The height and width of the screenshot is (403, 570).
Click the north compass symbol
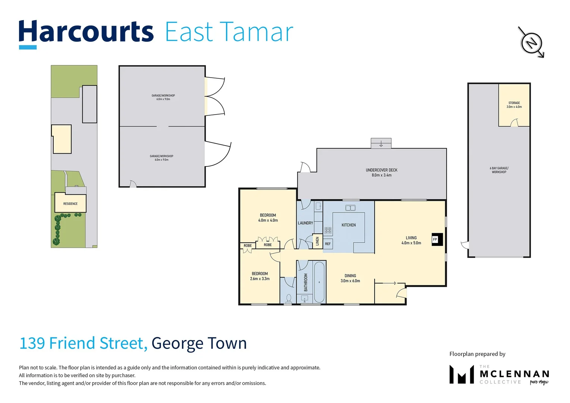tap(531, 42)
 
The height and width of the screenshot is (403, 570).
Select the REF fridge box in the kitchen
tap(328, 244)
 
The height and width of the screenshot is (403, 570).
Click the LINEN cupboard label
tap(317, 241)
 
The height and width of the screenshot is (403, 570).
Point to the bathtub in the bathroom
tap(319, 282)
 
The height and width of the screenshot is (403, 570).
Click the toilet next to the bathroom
tap(288, 298)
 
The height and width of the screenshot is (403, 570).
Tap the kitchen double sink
tap(350, 208)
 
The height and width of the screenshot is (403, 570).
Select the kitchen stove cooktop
tap(328, 231)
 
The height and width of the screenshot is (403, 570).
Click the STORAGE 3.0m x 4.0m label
tap(514, 105)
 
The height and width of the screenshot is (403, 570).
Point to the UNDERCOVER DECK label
tap(381, 172)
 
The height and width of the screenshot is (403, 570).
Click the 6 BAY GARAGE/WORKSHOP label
tap(499, 170)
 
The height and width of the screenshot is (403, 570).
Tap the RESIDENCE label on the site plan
tap(70, 204)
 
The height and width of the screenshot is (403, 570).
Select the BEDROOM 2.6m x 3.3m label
tap(260, 276)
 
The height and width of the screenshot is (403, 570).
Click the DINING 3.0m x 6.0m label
tap(350, 278)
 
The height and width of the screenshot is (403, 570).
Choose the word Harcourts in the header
tap(86, 32)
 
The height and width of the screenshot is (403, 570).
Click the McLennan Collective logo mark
tap(461, 374)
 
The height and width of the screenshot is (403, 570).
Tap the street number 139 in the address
tap(32, 343)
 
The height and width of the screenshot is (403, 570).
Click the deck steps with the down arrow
tap(381, 143)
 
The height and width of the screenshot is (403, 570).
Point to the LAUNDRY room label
tap(305, 223)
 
